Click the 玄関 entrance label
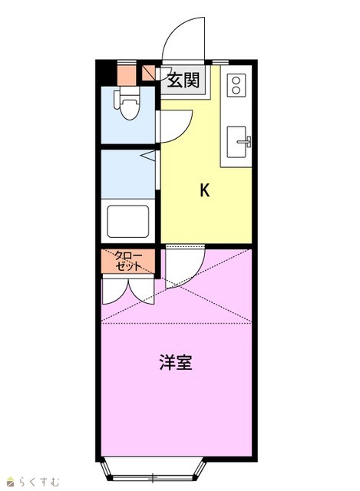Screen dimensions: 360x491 tap(183, 80)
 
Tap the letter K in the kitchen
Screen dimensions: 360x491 tap(205, 189)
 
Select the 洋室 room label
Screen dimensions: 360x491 tap(176, 362)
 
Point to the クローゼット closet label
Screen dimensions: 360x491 tap(128, 261)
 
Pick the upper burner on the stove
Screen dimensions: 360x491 tap(236, 81)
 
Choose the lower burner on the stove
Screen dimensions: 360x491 tap(236, 91)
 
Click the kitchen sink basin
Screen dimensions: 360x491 tap(236, 142)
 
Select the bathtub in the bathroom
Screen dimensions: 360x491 tap(128, 221)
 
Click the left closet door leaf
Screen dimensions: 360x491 tap(116, 292)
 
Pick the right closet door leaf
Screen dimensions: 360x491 tap(141, 292)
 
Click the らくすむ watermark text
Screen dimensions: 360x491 tap(39, 482)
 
